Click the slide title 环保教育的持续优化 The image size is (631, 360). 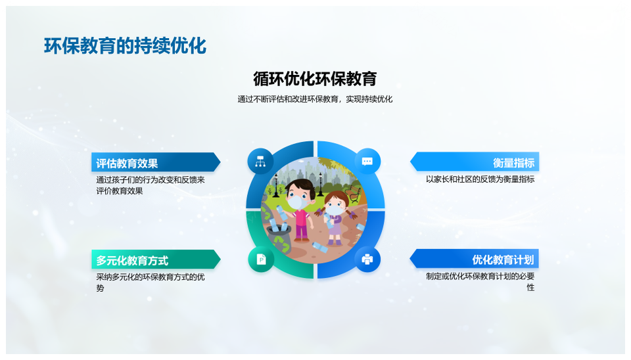click(125, 46)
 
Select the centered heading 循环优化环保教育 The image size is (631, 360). click(315, 79)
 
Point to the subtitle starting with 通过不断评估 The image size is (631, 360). click(315, 99)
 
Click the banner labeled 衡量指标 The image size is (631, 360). click(475, 162)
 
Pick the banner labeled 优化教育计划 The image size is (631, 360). click(475, 259)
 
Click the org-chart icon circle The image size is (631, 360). click(260, 162)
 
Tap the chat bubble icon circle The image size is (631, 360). click(367, 162)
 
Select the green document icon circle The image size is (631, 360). click(261, 259)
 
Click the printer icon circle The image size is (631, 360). click(367, 259)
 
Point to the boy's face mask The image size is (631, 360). click(297, 202)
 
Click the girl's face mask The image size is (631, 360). click(335, 210)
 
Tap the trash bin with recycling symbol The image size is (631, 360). click(281, 239)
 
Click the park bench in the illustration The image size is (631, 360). click(353, 193)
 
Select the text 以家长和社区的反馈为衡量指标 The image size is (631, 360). click(480, 179)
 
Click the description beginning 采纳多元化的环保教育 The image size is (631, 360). click(150, 282)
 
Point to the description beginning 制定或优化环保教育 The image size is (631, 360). click(480, 282)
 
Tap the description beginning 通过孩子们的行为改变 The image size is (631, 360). click(150, 185)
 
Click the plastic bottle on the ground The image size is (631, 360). click(320, 246)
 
